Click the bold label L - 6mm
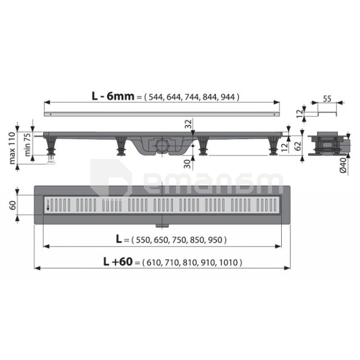112,96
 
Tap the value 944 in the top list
228,96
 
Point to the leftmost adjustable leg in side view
50,146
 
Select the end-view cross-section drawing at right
326,143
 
